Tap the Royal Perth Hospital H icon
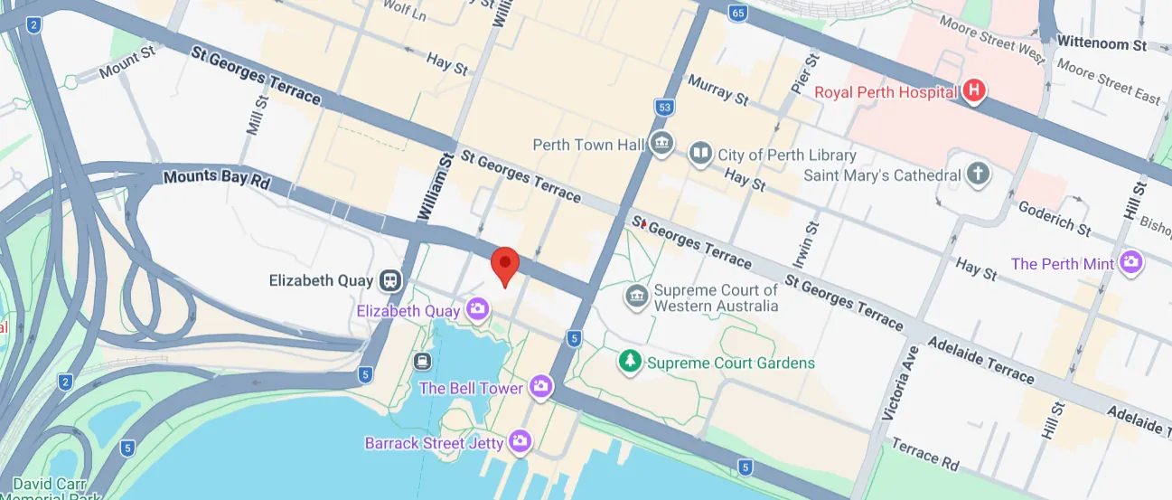click(974, 91)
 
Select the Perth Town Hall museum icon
click(661, 144)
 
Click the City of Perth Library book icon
click(700, 155)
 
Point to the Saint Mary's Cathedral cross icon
click(977, 175)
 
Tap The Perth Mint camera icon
click(1130, 263)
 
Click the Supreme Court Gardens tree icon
click(629, 362)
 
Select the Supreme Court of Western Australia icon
click(636, 297)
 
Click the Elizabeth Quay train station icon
click(390, 280)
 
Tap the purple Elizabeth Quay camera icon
click(477, 310)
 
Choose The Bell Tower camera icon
click(540, 387)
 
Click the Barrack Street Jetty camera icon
click(519, 442)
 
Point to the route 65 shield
click(738, 13)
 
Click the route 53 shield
click(665, 108)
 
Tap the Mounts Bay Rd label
click(217, 178)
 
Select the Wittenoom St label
click(1101, 42)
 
